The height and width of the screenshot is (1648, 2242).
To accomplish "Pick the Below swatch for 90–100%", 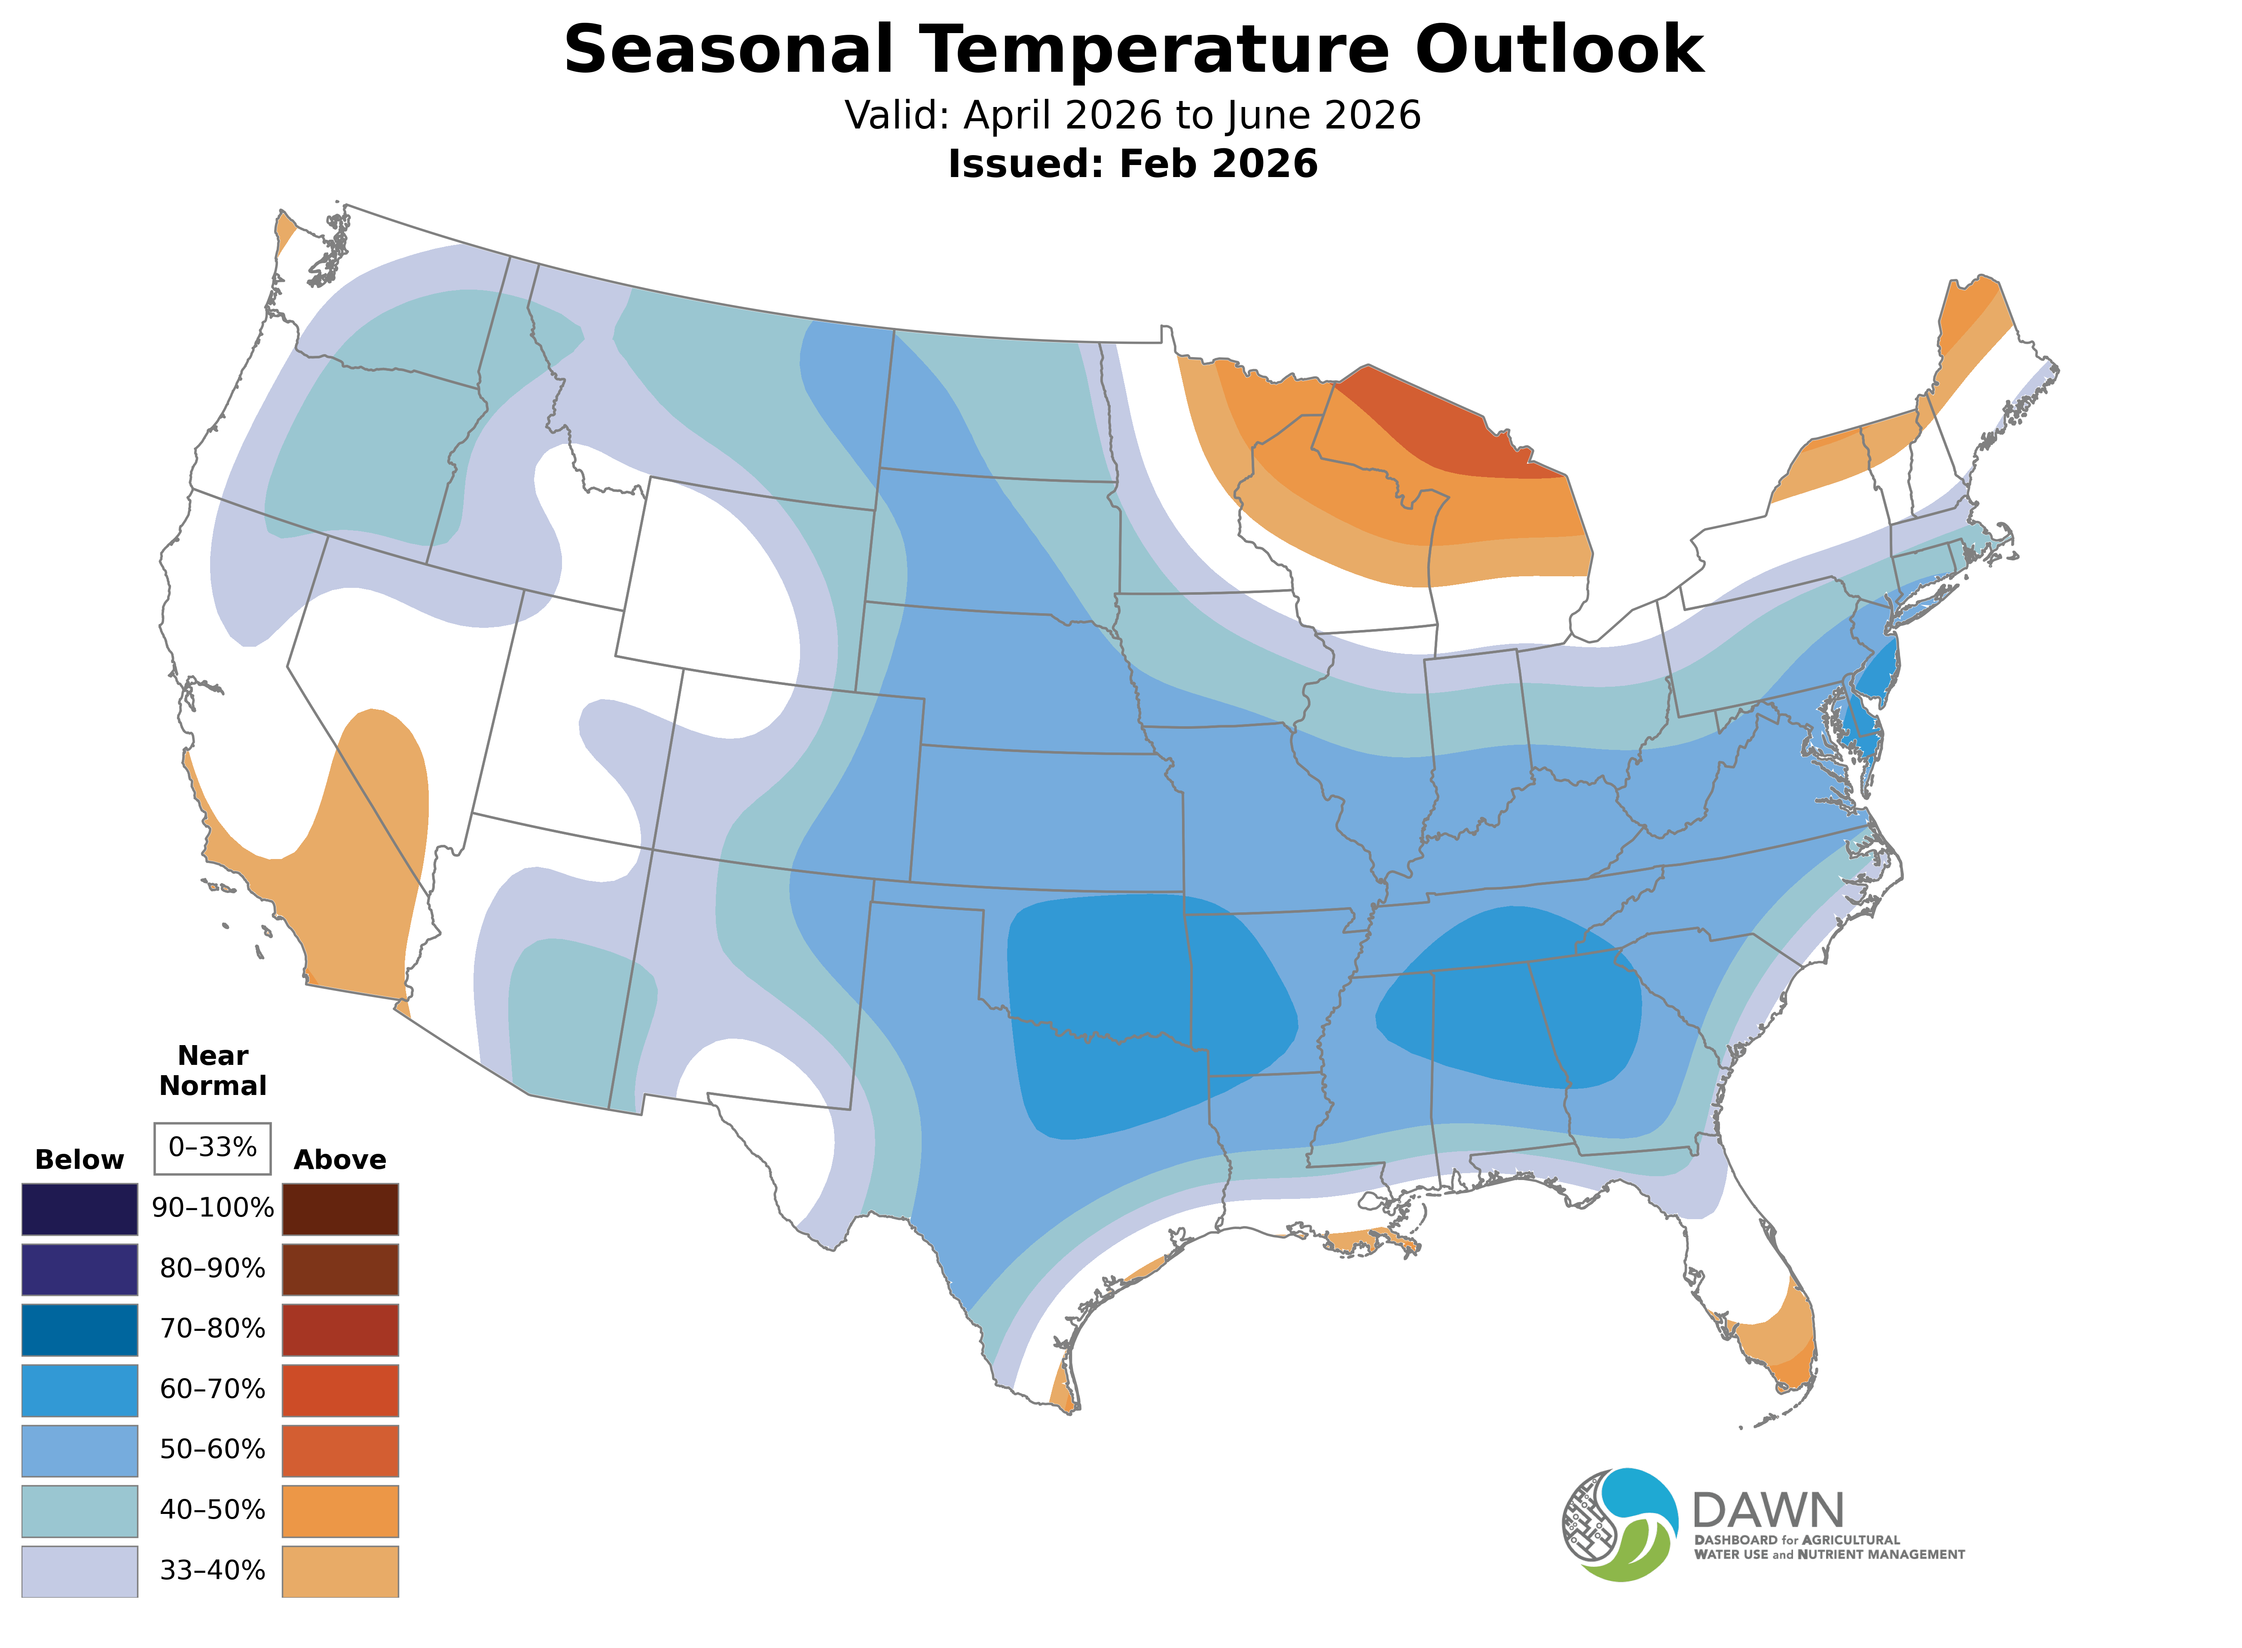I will [80, 1209].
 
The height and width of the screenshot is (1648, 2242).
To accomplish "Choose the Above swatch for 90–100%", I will [340, 1209].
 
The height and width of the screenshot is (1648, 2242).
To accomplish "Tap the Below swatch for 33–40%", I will [80, 1571].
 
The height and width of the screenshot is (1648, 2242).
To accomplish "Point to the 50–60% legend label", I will [212, 1449].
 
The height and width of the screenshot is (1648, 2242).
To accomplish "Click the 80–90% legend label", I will [212, 1269].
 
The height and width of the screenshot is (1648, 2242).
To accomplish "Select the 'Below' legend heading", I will [80, 1160].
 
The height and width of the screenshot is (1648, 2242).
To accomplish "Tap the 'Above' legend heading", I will [340, 1160].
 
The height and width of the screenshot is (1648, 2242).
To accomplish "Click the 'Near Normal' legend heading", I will [212, 1070].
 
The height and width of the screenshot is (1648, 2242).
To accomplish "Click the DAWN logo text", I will [1767, 1511].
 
